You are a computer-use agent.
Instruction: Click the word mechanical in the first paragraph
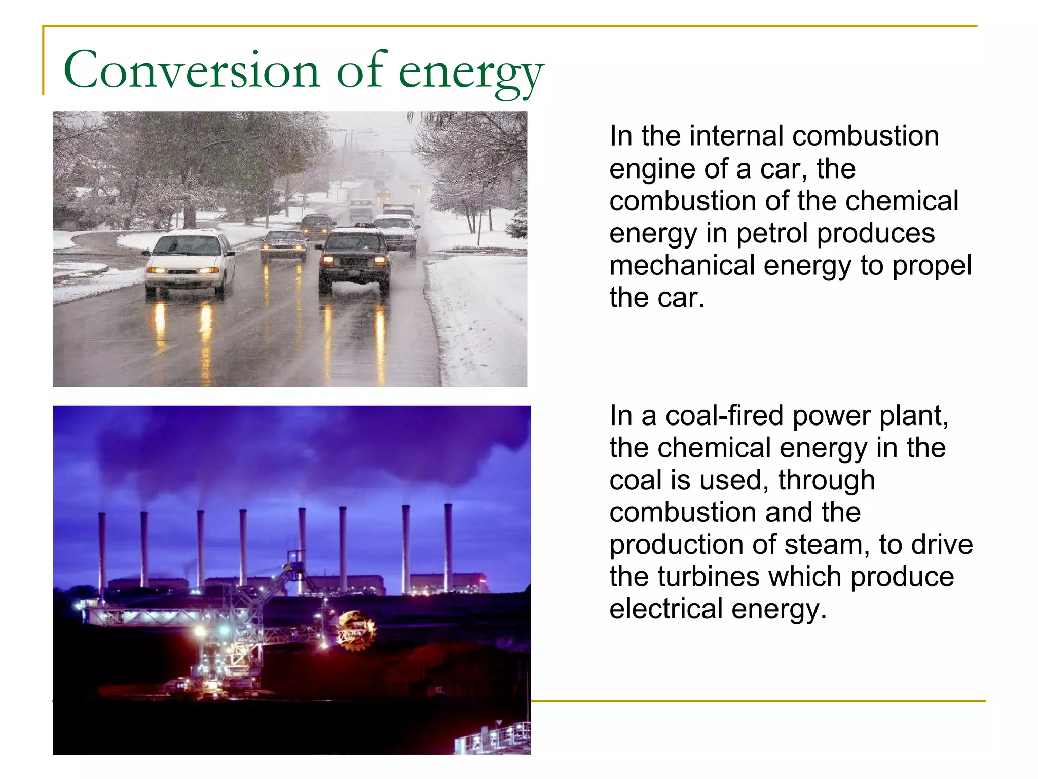click(x=682, y=266)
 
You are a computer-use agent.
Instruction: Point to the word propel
click(x=932, y=267)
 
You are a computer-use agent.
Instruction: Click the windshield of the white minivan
click(x=187, y=246)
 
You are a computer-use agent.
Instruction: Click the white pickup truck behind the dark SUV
click(x=398, y=231)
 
